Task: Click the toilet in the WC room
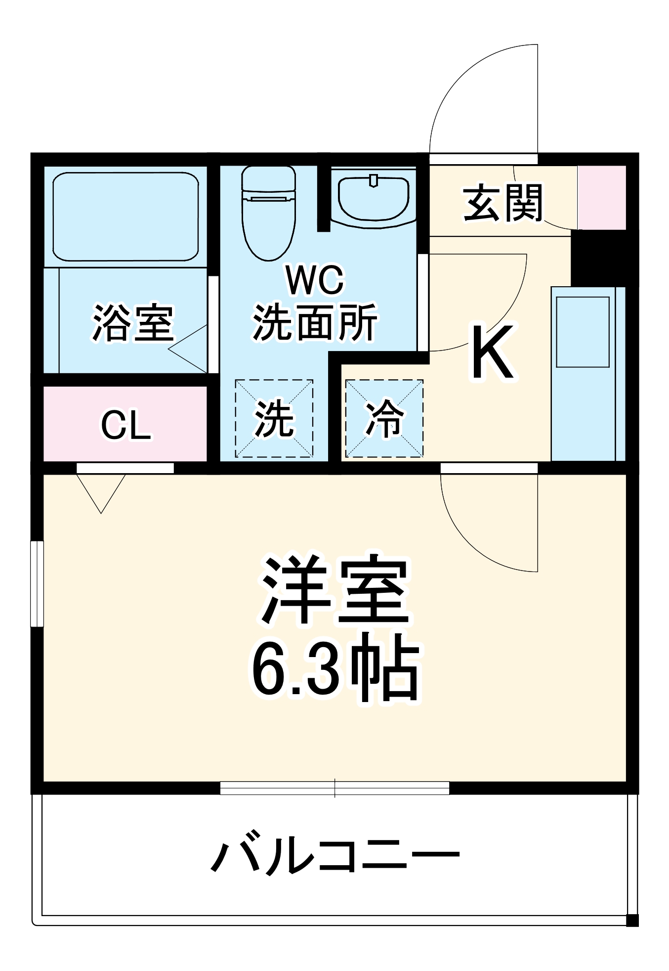pos(268,213)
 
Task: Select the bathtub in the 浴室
pos(125,217)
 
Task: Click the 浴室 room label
pos(133,322)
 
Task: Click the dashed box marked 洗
pos(274,418)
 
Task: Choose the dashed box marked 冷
pos(384,418)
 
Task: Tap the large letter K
pos(492,352)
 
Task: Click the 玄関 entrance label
pos(502,203)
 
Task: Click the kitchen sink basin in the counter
pos(583,332)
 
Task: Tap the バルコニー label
pos(335,854)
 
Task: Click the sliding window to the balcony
pos(334,788)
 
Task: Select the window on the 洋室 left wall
pos(37,584)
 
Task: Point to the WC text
pos(315,280)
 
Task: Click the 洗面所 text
pos(315,322)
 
